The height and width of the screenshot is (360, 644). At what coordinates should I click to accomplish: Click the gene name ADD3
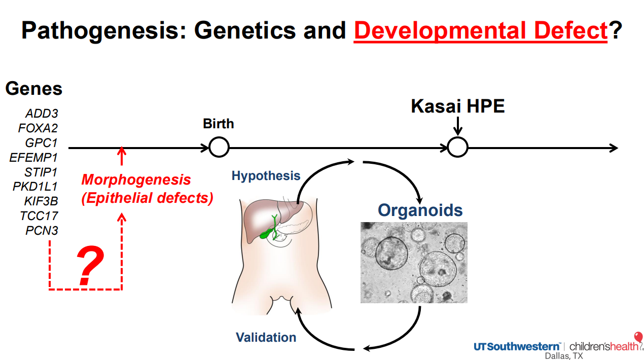click(42, 113)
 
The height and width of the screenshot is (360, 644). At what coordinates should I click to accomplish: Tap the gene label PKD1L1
click(35, 187)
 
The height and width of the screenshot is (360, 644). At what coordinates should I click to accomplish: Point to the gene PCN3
click(42, 231)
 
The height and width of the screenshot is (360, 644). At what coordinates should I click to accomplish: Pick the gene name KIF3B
click(41, 201)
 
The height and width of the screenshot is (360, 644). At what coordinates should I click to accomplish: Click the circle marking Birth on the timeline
click(219, 148)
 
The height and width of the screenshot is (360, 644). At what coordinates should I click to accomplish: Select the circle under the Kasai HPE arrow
click(457, 148)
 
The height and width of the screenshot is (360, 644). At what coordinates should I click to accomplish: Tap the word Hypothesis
click(266, 176)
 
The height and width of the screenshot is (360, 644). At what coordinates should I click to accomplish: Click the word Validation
click(266, 337)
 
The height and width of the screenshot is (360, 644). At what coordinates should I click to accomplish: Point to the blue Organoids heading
click(420, 210)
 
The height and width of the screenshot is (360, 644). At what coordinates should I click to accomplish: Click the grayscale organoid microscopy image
click(414, 262)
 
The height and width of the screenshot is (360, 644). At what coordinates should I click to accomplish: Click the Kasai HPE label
click(457, 106)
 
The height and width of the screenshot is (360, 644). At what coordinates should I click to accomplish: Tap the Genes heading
click(33, 89)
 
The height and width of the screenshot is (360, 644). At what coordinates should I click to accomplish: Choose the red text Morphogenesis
click(136, 179)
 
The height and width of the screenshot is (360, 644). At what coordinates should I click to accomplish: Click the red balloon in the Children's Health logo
click(638, 337)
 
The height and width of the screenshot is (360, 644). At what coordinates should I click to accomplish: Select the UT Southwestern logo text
click(517, 346)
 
